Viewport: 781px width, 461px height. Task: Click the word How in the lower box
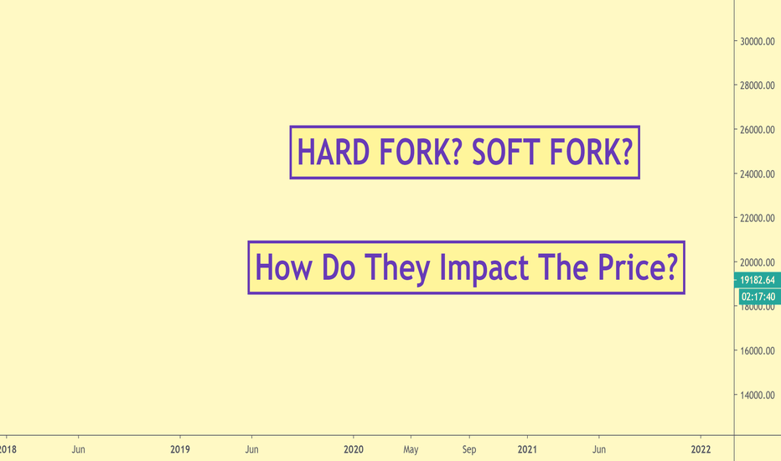click(x=283, y=267)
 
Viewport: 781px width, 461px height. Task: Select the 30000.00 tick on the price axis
click(x=757, y=41)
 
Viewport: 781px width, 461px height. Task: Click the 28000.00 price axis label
click(x=757, y=85)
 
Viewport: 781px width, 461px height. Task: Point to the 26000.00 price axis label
click(x=757, y=130)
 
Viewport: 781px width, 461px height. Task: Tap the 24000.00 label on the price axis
click(x=757, y=174)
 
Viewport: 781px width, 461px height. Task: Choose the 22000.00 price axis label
click(x=757, y=218)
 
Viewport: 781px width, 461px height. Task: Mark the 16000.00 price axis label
click(x=757, y=350)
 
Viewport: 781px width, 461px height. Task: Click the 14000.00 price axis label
click(x=757, y=395)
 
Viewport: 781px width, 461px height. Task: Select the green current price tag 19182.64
click(x=757, y=280)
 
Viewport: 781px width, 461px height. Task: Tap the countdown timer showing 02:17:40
click(x=758, y=297)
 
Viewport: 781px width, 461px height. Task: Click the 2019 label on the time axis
click(x=180, y=449)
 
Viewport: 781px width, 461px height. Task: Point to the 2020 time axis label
click(x=354, y=449)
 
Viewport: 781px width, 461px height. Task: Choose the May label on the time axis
click(x=411, y=449)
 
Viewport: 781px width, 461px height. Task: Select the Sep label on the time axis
click(x=469, y=449)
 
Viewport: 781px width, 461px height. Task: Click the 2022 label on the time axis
click(x=701, y=449)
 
